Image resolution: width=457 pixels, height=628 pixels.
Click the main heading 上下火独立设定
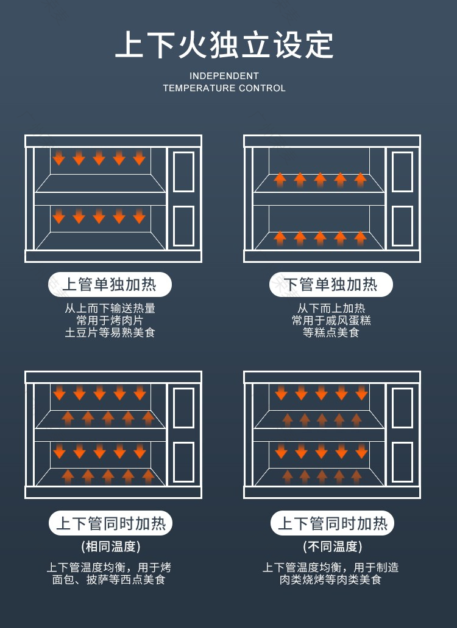pyautogui.click(x=224, y=45)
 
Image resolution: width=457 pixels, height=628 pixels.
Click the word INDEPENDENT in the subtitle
pyautogui.click(x=224, y=75)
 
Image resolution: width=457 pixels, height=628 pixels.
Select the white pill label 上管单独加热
pyautogui.click(x=110, y=284)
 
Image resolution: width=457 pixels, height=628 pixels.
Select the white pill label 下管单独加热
pyautogui.click(x=331, y=284)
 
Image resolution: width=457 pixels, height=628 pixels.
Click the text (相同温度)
pyautogui.click(x=111, y=546)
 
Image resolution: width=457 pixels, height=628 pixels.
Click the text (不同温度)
pyautogui.click(x=332, y=546)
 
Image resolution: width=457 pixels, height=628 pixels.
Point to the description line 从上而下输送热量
pyautogui.click(x=110, y=308)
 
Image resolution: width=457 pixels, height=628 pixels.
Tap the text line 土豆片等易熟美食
pyautogui.click(x=110, y=332)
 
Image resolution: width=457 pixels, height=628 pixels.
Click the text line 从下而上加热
pyautogui.click(x=331, y=308)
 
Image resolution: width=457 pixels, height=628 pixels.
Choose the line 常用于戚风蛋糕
pyautogui.click(x=331, y=321)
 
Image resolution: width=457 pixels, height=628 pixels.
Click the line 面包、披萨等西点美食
pyautogui.click(x=108, y=579)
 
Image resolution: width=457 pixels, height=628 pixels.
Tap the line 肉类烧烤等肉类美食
pyautogui.click(x=330, y=579)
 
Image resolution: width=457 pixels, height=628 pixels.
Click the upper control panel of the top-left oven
pyautogui.click(x=183, y=172)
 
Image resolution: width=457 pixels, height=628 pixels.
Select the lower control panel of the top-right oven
pyautogui.click(x=403, y=226)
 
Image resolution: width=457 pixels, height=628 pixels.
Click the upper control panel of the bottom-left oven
pyautogui.click(x=183, y=408)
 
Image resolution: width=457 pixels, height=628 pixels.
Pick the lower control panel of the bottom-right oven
pyautogui.click(x=403, y=462)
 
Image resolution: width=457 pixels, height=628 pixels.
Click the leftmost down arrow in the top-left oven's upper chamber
pyautogui.click(x=59, y=158)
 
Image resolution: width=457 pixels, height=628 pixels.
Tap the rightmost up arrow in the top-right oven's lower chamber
pyautogui.click(x=360, y=239)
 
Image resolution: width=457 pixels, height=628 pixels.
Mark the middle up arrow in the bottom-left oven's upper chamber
pyautogui.click(x=108, y=419)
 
